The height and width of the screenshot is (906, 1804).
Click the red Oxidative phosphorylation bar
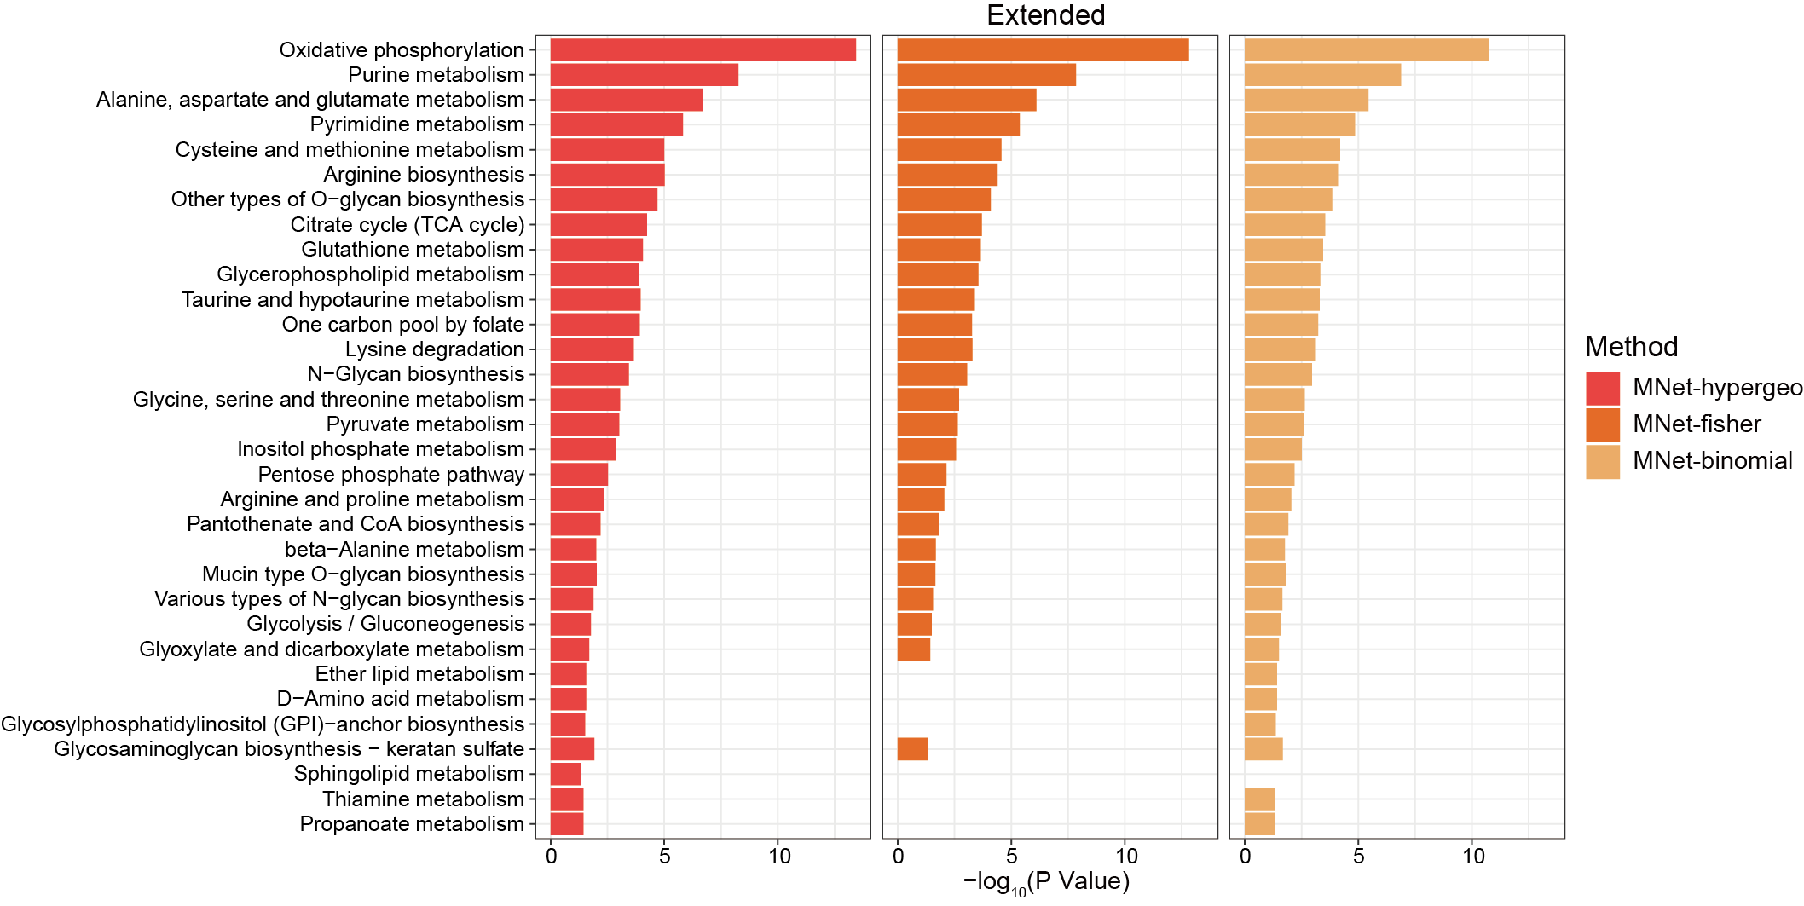click(x=703, y=49)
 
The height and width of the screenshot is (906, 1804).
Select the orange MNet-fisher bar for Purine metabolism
click(x=986, y=75)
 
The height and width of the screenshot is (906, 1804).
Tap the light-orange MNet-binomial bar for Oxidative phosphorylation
click(x=1366, y=49)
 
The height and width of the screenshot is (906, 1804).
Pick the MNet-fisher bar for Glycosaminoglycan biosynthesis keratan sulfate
click(x=912, y=749)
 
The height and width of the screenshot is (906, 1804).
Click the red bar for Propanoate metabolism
click(x=567, y=824)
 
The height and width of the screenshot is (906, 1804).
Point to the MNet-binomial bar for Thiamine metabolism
click(x=1259, y=799)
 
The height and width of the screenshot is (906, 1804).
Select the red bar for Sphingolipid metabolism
click(x=565, y=774)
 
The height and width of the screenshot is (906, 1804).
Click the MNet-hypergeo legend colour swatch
click(x=1602, y=388)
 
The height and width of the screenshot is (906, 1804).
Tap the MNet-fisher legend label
click(x=1696, y=424)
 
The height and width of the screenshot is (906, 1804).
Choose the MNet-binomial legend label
click(x=1712, y=460)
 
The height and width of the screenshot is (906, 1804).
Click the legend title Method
click(x=1631, y=347)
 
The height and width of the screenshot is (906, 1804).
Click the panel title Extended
click(x=1045, y=15)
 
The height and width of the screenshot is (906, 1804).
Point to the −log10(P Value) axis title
click(x=1046, y=882)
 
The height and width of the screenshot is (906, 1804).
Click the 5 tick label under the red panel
click(x=665, y=856)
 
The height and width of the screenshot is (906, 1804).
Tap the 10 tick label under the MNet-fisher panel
click(x=1126, y=856)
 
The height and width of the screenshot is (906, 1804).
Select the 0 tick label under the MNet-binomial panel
click(x=1245, y=856)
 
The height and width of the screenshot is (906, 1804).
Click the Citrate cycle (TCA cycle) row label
click(x=408, y=225)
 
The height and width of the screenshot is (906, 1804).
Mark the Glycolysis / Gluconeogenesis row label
click(x=385, y=624)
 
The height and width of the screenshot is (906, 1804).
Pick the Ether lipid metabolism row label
click(x=419, y=674)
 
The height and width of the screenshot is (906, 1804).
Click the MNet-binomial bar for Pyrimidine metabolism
click(x=1299, y=124)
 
